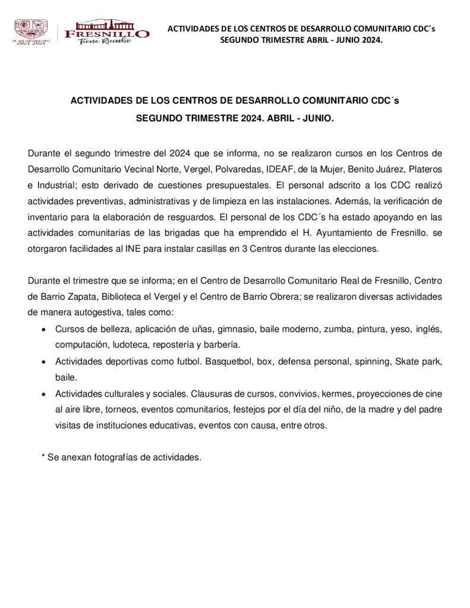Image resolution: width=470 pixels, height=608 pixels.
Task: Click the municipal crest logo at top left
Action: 30,30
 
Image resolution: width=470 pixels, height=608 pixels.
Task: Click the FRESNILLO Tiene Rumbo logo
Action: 107,32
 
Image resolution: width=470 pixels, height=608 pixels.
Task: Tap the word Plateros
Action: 425,168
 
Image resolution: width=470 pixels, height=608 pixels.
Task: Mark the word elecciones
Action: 356,249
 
